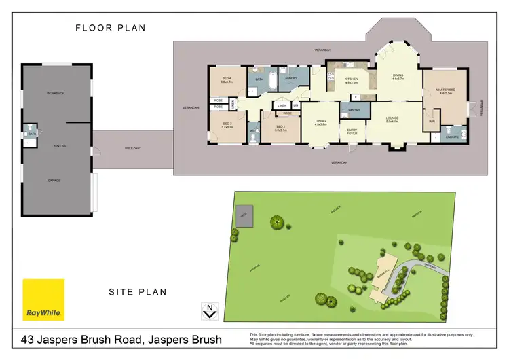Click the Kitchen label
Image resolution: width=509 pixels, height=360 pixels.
pyautogui.click(x=352, y=81)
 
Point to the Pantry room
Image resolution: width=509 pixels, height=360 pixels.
pyautogui.click(x=353, y=109)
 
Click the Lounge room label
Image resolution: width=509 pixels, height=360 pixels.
pyautogui.click(x=392, y=122)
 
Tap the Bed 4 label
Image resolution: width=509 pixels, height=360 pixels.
pyautogui.click(x=227, y=80)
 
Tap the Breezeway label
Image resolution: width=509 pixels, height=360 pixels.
pyautogui.click(x=132, y=147)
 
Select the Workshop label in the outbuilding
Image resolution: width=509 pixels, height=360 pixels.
pyautogui.click(x=55, y=93)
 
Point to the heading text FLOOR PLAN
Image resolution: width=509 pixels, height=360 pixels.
pyautogui.click(x=111, y=28)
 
